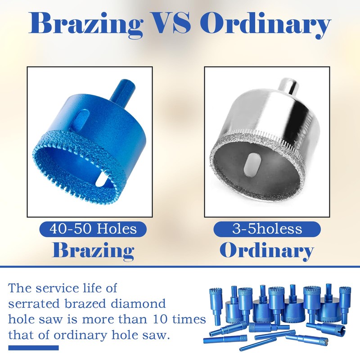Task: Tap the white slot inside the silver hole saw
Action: [251, 165]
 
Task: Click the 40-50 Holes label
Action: [93, 229]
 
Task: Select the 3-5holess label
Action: [267, 229]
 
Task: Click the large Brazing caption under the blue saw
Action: [93, 251]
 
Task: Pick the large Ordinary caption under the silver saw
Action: [267, 251]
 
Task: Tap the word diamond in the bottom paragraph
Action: [138, 303]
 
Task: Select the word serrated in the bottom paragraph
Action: [34, 304]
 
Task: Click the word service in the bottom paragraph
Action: [51, 288]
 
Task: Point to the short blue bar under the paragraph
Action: [33, 348]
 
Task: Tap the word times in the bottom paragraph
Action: [189, 319]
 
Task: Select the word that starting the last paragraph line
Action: [21, 335]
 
